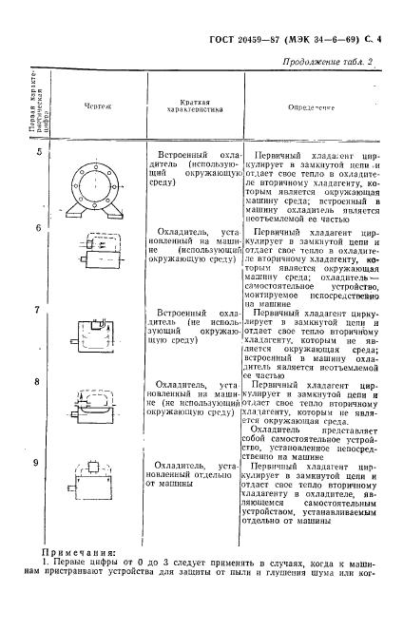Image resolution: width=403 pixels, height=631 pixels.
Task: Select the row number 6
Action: pyautogui.click(x=39, y=227)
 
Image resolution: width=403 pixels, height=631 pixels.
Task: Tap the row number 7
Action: pyautogui.click(x=39, y=310)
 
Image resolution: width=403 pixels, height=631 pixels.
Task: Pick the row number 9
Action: pyautogui.click(x=39, y=462)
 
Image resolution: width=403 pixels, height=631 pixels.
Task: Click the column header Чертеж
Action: pyautogui.click(x=97, y=107)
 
